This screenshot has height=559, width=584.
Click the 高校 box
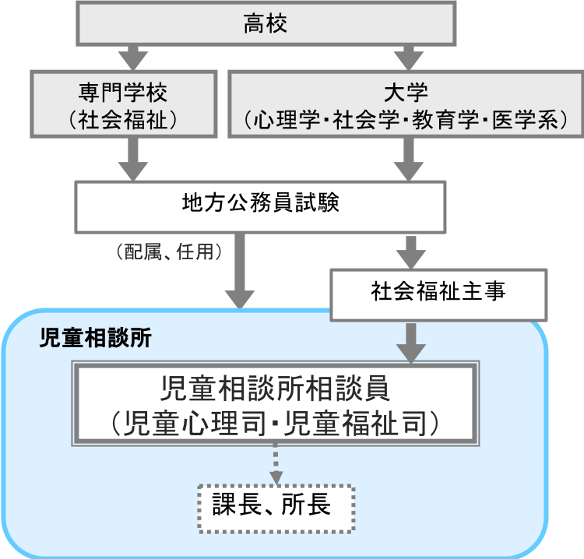265,24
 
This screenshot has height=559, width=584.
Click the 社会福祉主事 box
438,292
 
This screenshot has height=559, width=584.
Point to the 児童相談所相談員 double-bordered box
276,404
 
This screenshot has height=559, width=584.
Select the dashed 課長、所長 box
276,507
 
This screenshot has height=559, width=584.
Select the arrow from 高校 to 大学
406,57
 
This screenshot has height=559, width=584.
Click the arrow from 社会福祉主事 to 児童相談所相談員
410,340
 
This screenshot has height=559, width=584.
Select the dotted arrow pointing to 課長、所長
276,464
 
